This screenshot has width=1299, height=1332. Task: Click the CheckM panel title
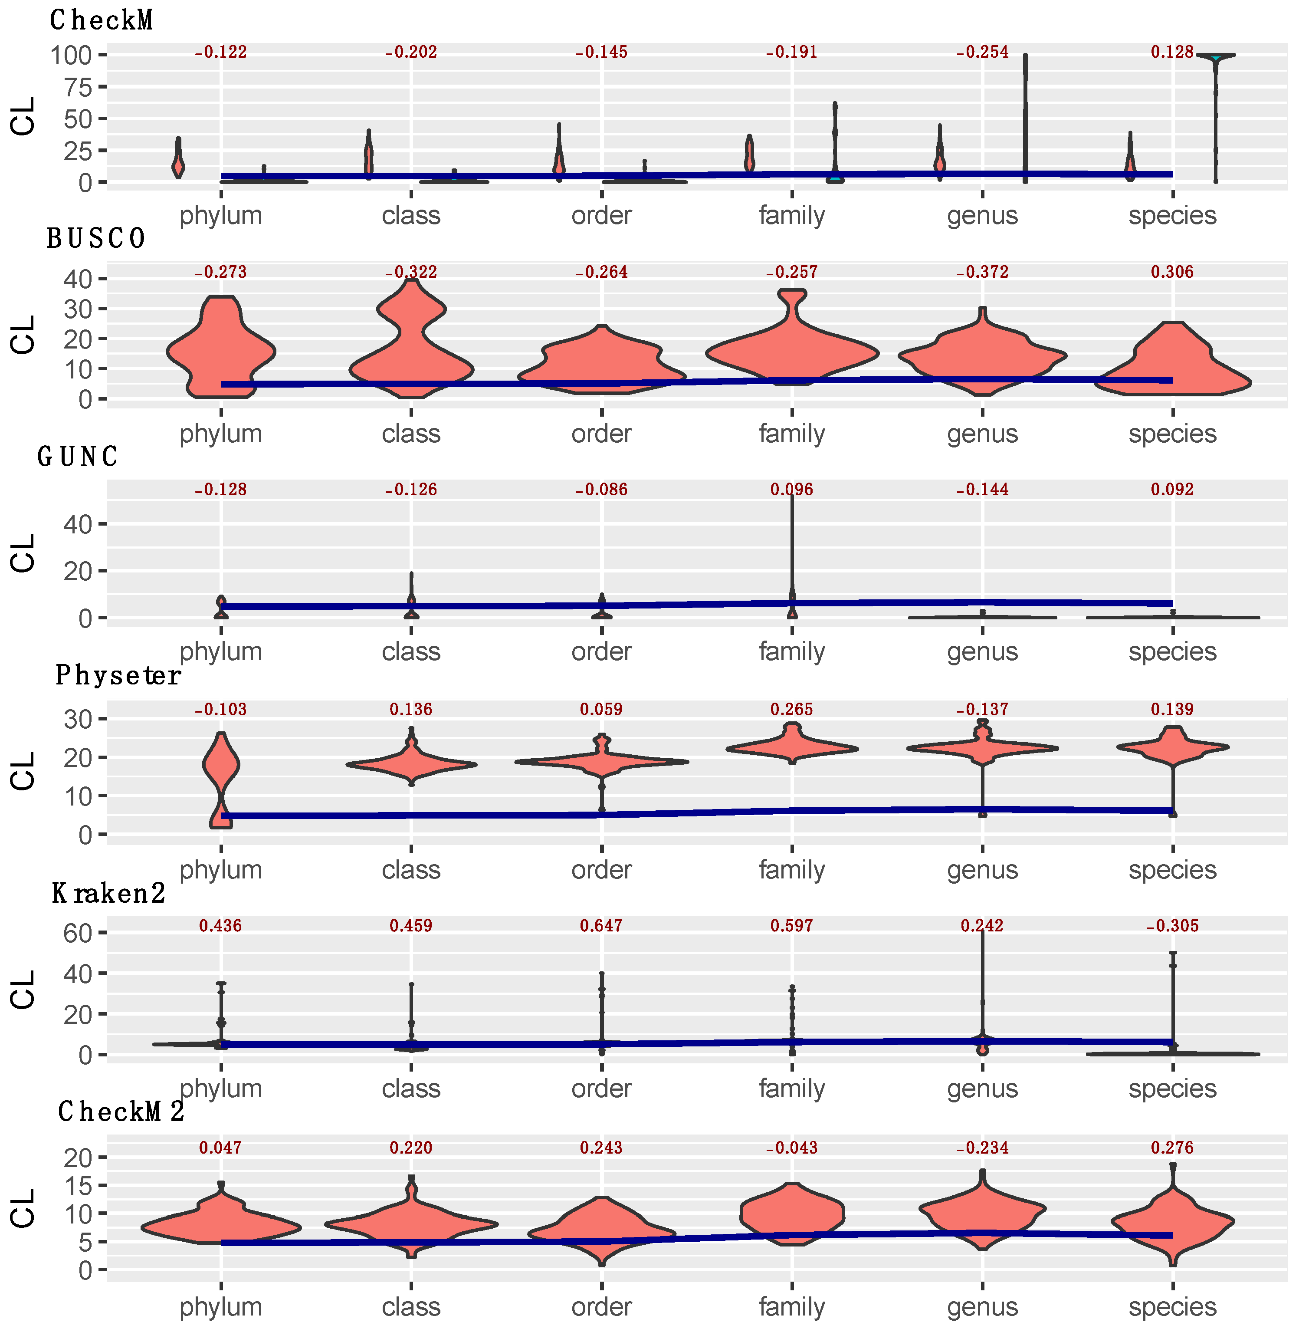tap(101, 20)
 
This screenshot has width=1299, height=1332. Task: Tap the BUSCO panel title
tap(95, 239)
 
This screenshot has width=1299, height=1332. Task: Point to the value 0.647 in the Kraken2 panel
tap(601, 926)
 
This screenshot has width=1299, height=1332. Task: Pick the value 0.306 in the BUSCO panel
tap(1172, 272)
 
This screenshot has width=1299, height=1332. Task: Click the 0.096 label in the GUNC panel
tap(791, 490)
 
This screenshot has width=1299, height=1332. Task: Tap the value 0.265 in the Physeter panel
tap(791, 710)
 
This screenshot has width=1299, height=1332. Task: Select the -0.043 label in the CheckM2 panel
tap(791, 1148)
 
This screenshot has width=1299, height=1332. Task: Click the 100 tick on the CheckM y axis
tap(71, 55)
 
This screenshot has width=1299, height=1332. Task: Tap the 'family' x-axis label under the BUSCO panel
tap(791, 434)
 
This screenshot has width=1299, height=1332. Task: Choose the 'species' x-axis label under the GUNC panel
tap(1172, 651)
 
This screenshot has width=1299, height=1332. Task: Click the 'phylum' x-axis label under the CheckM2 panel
tap(220, 1307)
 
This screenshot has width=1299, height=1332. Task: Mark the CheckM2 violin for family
tap(791, 1215)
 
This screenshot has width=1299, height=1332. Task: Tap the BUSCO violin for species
tap(1172, 362)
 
